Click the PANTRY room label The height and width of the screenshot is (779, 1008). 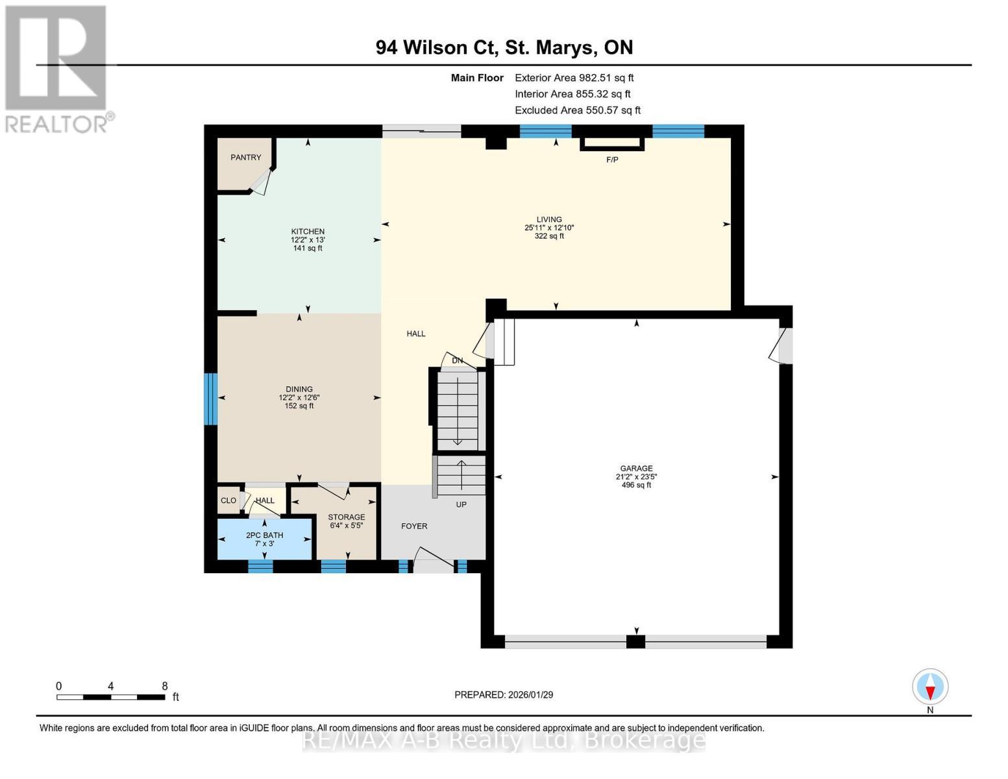pyautogui.click(x=245, y=157)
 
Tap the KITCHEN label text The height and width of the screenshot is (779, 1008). pyautogui.click(x=308, y=232)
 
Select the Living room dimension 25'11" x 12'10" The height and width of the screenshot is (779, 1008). pyautogui.click(x=549, y=228)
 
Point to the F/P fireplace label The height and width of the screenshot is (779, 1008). pyautogui.click(x=612, y=160)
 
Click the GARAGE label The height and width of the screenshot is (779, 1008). pyautogui.click(x=636, y=468)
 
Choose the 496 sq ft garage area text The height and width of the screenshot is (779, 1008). pyautogui.click(x=636, y=485)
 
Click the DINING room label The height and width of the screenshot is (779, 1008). pyautogui.click(x=299, y=389)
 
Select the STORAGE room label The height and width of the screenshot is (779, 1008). pyautogui.click(x=346, y=517)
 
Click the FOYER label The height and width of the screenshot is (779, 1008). pyautogui.click(x=414, y=526)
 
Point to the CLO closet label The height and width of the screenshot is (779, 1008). pyautogui.click(x=228, y=501)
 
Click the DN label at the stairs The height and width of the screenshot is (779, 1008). pyautogui.click(x=458, y=361)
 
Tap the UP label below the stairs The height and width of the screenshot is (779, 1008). pyautogui.click(x=461, y=504)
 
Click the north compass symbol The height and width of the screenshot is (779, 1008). pyautogui.click(x=930, y=687)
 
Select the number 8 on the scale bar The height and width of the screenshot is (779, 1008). pyautogui.click(x=165, y=686)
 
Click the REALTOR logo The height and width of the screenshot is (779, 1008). pyautogui.click(x=56, y=68)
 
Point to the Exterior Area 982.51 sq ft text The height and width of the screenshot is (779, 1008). pyautogui.click(x=574, y=78)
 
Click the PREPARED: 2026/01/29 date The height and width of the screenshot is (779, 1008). pyautogui.click(x=504, y=695)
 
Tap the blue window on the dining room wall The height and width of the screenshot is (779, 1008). pyautogui.click(x=210, y=399)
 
